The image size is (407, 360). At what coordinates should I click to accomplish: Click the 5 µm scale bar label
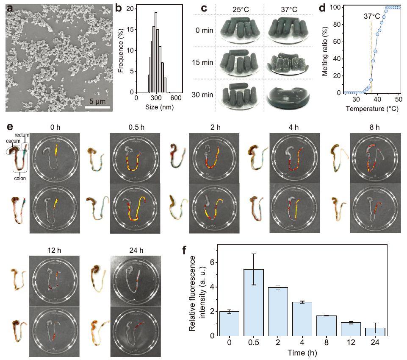[x=97, y=100]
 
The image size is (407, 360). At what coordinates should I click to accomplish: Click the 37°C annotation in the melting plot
[x=371, y=17]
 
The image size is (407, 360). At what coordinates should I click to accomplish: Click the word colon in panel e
[x=20, y=178]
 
